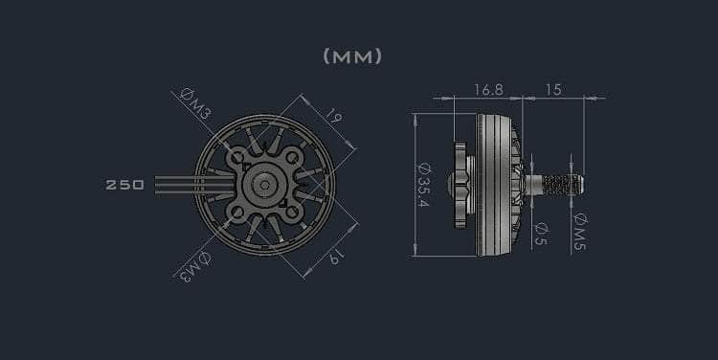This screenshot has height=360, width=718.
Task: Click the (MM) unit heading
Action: click(x=352, y=56)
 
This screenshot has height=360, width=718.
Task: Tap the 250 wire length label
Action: click(x=124, y=185)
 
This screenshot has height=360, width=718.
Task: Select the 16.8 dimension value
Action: click(x=488, y=90)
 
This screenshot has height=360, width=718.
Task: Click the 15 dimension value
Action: click(x=553, y=90)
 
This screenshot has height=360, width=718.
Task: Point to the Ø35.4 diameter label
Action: click(x=423, y=185)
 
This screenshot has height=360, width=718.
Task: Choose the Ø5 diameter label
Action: click(x=541, y=234)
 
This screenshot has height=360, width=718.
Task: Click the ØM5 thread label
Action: click(x=580, y=232)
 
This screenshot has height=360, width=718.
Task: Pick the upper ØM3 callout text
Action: click(x=195, y=103)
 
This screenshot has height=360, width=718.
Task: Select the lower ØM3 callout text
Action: click(x=195, y=266)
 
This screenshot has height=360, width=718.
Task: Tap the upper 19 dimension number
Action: click(x=334, y=116)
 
